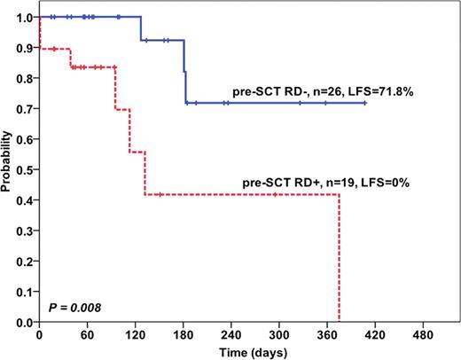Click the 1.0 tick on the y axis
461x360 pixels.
[27, 18]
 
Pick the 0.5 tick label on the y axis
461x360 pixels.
[27, 170]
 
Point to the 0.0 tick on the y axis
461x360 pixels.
[27, 323]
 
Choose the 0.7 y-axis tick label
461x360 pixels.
[27, 109]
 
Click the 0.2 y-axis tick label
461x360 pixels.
[27, 262]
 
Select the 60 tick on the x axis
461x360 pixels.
[87, 336]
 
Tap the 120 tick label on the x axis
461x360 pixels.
[136, 336]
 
